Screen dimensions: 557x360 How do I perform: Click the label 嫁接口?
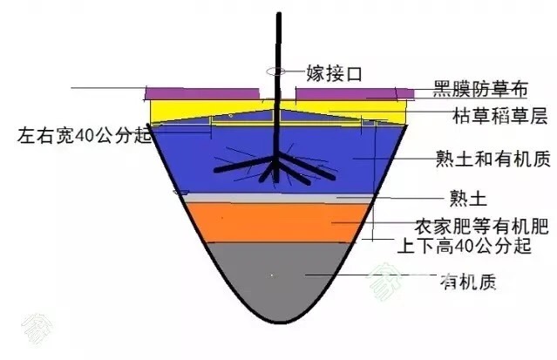click(x=334, y=73)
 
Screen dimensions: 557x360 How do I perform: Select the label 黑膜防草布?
click(x=480, y=89)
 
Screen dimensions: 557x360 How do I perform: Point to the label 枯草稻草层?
click(x=499, y=116)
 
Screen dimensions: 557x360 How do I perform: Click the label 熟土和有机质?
click(x=493, y=158)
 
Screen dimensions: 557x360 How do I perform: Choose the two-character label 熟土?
click(x=468, y=198)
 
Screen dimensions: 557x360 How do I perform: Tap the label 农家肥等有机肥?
click(x=482, y=226)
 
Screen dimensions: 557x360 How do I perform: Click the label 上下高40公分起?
click(x=464, y=246)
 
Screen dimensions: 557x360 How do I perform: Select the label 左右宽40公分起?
click(x=85, y=135)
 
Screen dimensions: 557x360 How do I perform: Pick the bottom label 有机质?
click(x=468, y=282)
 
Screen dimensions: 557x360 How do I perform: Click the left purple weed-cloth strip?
click(x=202, y=94)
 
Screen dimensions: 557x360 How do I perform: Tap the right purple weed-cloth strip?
click(x=355, y=94)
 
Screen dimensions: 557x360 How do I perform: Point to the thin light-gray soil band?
click(x=279, y=198)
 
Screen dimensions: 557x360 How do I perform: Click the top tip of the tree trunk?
click(x=279, y=13)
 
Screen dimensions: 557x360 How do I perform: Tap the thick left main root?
click(x=244, y=165)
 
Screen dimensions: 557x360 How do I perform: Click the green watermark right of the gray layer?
click(x=385, y=281)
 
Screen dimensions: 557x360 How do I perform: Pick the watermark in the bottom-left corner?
click(x=37, y=329)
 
